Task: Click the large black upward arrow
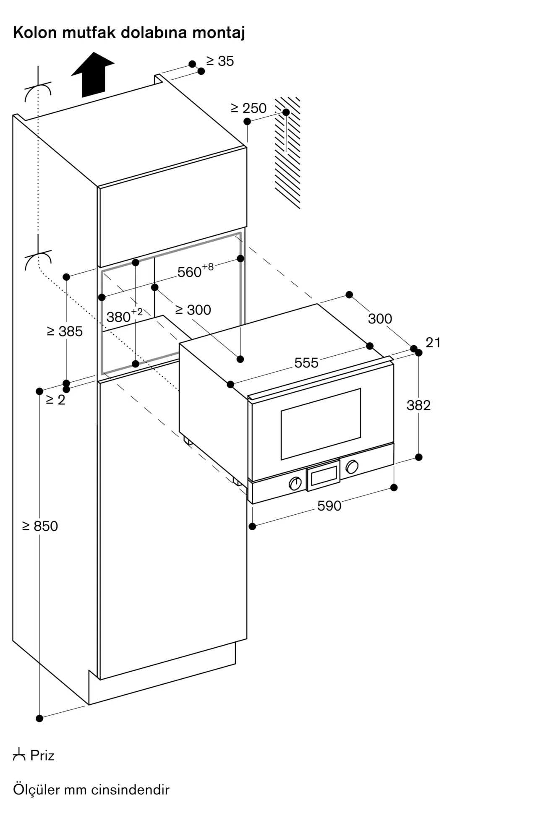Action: tap(93, 75)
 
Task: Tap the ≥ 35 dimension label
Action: tap(220, 61)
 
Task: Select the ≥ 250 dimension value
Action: tap(249, 108)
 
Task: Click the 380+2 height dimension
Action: tap(125, 315)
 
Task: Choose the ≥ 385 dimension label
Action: tap(65, 331)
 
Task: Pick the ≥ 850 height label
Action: tap(40, 526)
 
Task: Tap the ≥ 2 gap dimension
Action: tap(56, 400)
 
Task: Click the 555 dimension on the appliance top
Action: tap(306, 363)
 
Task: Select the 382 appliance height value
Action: tap(419, 405)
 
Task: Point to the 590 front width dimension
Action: tap(329, 506)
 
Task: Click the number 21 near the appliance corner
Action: tap(433, 343)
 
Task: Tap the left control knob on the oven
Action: tap(295, 483)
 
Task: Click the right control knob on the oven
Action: tap(352, 466)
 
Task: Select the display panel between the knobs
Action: tap(323, 475)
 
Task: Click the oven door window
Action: tap(321, 424)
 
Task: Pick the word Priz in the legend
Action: tap(42, 756)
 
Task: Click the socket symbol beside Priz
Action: tap(19, 755)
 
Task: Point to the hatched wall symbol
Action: tap(288, 153)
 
